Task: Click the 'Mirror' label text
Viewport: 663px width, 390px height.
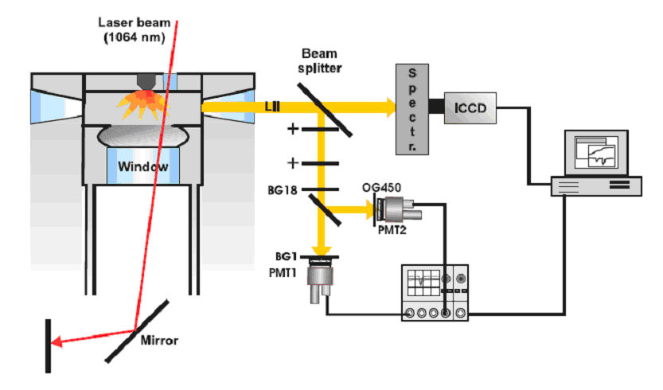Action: [x=159, y=340]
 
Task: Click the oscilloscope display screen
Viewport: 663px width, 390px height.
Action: [x=422, y=281]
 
